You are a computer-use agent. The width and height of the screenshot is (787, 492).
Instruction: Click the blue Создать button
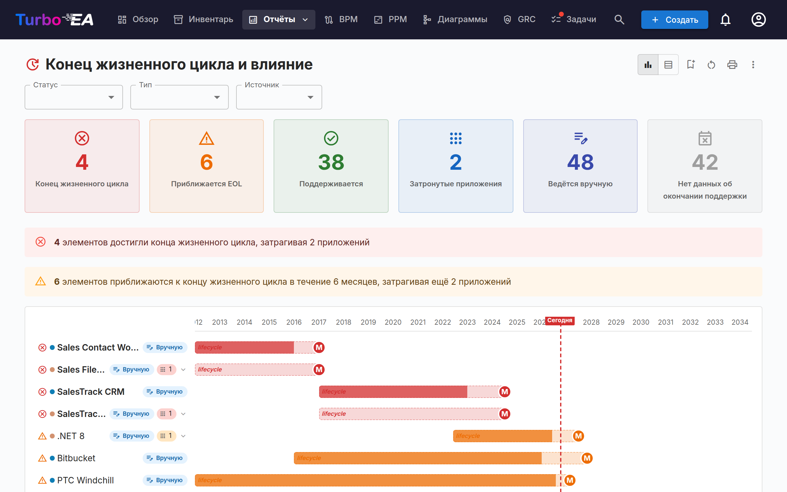click(x=674, y=19)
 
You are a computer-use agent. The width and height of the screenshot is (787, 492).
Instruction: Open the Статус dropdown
click(x=74, y=97)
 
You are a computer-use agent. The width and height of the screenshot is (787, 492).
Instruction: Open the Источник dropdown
click(x=279, y=97)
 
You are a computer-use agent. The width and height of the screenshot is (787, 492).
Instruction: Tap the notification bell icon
click(x=725, y=19)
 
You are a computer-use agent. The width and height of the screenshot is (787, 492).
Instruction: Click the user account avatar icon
click(x=758, y=19)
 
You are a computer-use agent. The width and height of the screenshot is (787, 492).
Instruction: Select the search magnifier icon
click(x=619, y=19)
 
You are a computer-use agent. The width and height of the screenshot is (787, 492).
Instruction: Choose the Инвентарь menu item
click(x=204, y=19)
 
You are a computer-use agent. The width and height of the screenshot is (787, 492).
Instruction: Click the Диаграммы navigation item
click(x=455, y=19)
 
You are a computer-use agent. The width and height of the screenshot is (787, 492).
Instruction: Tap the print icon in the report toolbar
click(x=732, y=65)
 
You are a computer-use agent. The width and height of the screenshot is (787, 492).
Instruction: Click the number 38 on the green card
click(x=331, y=162)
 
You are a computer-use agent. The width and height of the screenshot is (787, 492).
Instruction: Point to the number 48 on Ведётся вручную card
click(x=580, y=162)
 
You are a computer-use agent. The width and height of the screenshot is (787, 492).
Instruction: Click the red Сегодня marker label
click(x=560, y=320)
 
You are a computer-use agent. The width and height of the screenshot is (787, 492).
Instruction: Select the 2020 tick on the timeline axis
click(x=393, y=322)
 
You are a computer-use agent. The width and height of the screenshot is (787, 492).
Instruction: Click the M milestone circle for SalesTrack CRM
click(x=505, y=392)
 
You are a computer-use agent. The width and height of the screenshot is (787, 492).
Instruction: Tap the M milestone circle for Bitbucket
click(x=587, y=458)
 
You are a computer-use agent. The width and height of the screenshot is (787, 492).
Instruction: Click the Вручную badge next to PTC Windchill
click(x=165, y=480)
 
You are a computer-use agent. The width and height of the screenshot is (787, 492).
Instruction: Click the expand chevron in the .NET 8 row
click(x=184, y=436)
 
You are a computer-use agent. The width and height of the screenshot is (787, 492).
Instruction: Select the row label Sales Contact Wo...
click(x=98, y=347)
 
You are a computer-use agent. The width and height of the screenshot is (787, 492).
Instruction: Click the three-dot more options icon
click(x=753, y=65)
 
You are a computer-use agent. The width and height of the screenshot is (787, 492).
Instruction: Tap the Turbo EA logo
click(x=55, y=19)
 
